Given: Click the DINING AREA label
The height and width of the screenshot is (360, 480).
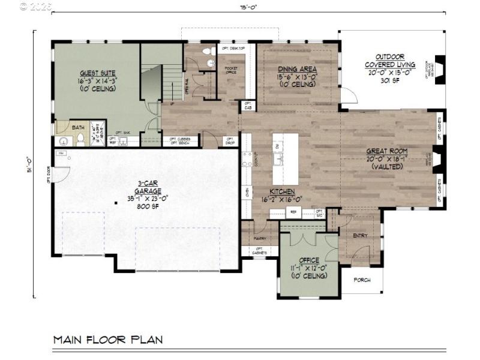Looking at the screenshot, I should tap(298, 69).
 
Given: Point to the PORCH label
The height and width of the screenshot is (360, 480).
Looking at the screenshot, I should tap(362, 280).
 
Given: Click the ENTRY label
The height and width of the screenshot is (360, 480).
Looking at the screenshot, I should tap(361, 236).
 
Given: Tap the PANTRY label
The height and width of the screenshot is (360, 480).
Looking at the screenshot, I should tap(260, 238).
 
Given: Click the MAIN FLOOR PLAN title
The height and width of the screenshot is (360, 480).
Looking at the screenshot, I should tap(108, 340).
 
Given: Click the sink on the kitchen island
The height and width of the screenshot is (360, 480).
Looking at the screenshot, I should tap(278, 160).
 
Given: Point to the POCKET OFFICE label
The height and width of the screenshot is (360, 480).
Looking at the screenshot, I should tap(231, 71).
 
